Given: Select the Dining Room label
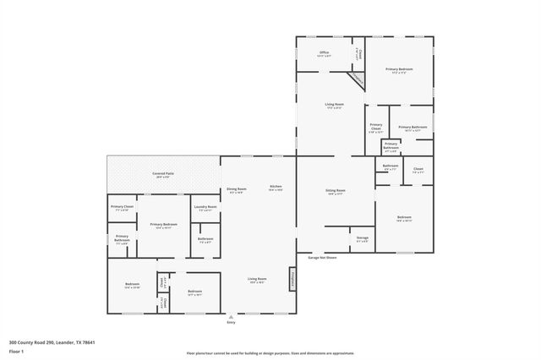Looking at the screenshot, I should coord(236,190).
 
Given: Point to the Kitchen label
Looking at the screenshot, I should coord(276,188).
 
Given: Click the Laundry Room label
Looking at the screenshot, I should coord(205,208).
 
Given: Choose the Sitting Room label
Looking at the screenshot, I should coord(336,192).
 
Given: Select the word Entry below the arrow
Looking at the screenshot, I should coord(232,322).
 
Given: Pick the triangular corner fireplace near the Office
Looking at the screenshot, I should coord(358,79).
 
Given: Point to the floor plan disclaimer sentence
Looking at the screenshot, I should coord(270,353).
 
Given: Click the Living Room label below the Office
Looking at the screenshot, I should coord(334,106).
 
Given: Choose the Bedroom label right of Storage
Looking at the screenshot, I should coord(404,219).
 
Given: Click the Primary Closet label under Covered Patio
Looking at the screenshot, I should coord(123,208).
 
